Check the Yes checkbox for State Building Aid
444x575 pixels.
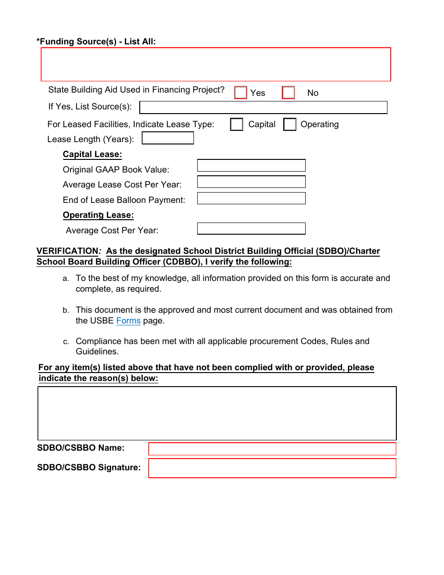240,93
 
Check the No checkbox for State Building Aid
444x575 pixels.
288,93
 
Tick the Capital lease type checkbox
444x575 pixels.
236,124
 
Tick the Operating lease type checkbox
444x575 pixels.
290,124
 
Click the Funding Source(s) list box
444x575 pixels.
216,65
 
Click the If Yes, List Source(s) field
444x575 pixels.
263,108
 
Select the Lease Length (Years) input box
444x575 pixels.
168,138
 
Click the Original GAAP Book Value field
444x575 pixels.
251,165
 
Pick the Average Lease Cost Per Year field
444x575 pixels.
251,182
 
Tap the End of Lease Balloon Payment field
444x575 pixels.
251,198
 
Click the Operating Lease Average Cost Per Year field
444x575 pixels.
251,229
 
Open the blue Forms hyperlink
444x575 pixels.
128,321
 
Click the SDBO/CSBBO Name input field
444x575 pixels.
272,449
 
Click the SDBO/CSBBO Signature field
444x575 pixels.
272,468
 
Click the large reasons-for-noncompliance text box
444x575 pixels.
217,413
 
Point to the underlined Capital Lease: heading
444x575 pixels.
92,154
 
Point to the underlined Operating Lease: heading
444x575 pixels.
98,215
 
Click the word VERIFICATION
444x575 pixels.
67,252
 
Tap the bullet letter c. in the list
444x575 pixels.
66,342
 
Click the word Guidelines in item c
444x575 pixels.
97,352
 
